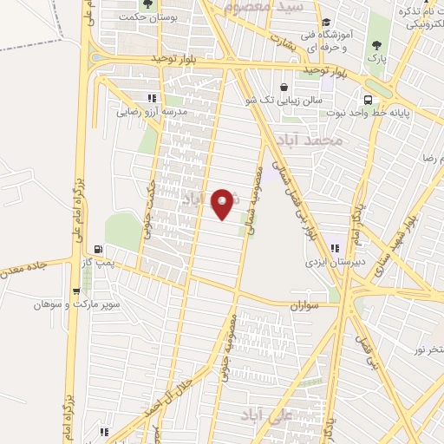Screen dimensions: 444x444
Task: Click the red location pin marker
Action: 224,203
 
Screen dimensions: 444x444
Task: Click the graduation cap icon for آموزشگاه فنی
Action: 325,23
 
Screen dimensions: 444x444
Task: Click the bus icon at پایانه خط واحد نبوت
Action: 369,99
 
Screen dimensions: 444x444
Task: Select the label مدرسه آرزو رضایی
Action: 153,112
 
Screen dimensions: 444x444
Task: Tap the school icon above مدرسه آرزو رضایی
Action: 153,98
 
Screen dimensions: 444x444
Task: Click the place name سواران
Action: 306,305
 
